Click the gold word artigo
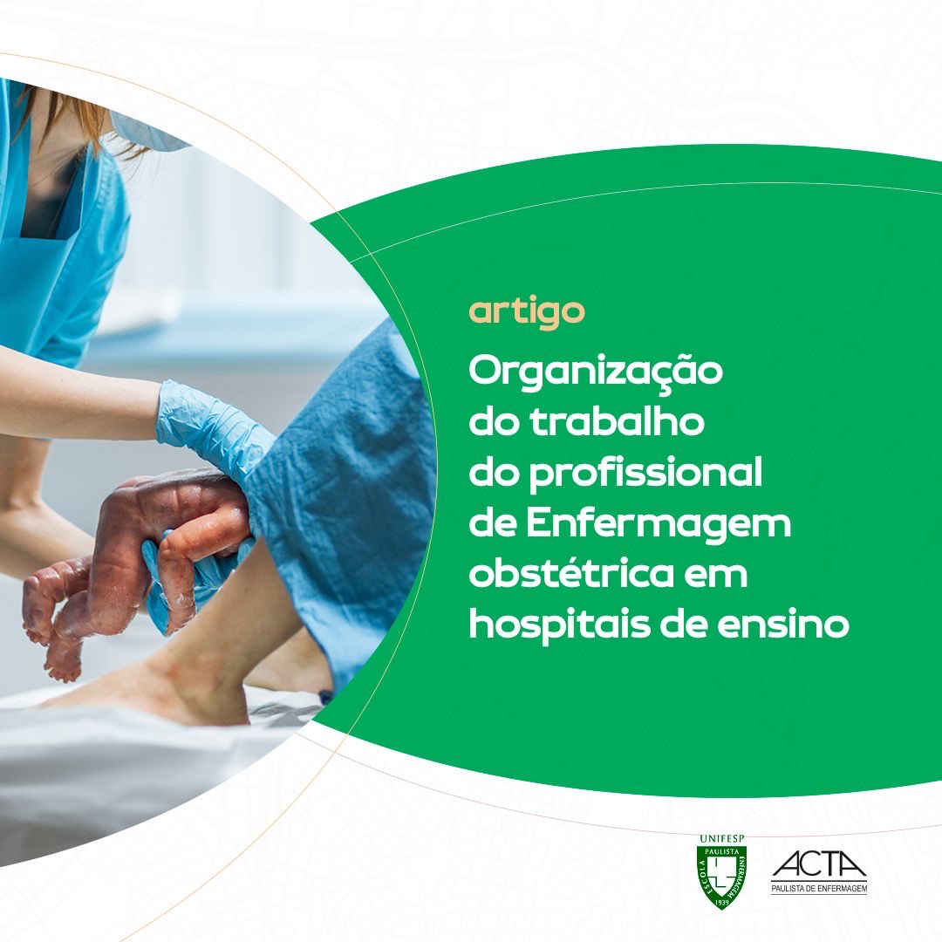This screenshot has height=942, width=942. (526, 312)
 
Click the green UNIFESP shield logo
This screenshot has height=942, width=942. (721, 875)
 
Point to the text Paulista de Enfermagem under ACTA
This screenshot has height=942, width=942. (819, 889)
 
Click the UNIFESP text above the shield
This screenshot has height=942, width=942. (721, 839)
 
